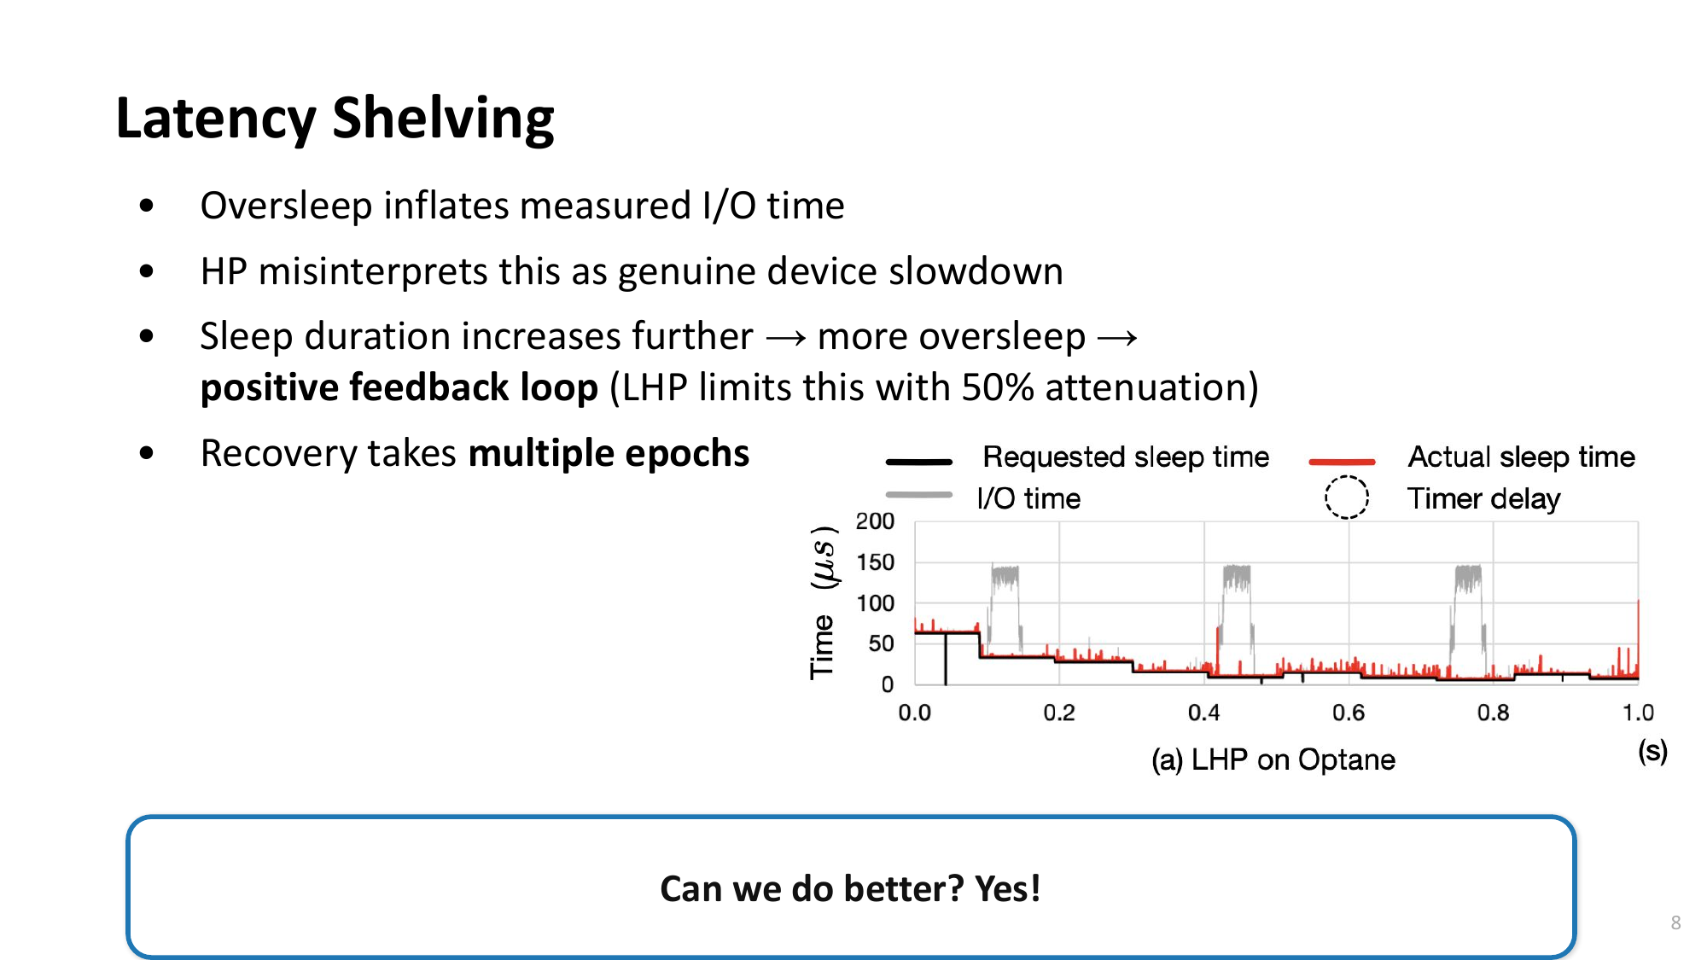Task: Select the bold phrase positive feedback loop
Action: [x=399, y=387]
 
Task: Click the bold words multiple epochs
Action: [x=609, y=453]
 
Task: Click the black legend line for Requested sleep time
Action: [x=918, y=462]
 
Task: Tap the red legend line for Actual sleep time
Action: [x=1342, y=462]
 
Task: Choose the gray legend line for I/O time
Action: [x=918, y=495]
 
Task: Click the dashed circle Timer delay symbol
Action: [x=1347, y=497]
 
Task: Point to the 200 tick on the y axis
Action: [x=875, y=521]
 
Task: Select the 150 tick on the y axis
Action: [x=875, y=562]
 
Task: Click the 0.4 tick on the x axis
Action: [x=1203, y=713]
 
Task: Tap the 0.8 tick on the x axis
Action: [x=1493, y=713]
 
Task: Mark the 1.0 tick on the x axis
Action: [x=1638, y=713]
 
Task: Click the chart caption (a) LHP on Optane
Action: [x=1273, y=759]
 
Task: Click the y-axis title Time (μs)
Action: [x=823, y=602]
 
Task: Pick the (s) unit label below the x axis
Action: [x=1652, y=751]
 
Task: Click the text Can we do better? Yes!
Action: [x=850, y=888]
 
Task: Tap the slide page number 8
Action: [x=1675, y=922]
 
